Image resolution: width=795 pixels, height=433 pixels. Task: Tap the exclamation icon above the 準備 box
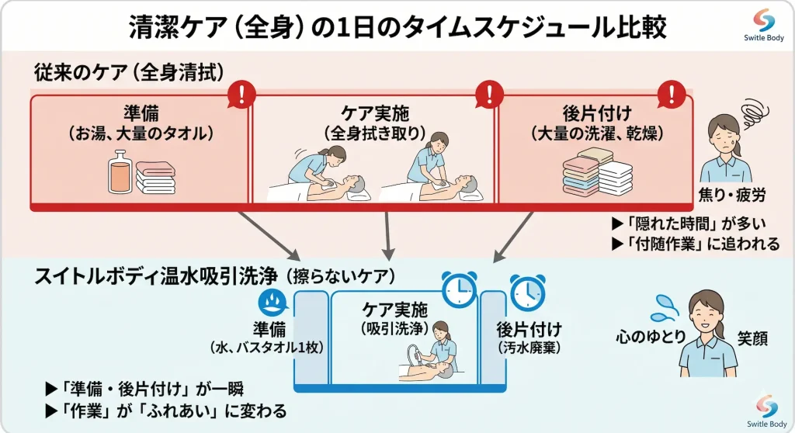pyautogui.click(x=241, y=95)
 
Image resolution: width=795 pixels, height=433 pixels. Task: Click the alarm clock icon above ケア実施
pyautogui.click(x=459, y=289)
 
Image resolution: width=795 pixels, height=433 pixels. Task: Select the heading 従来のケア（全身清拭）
pyautogui.click(x=129, y=72)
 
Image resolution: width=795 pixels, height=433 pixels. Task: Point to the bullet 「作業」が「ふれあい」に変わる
pyautogui.click(x=165, y=410)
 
